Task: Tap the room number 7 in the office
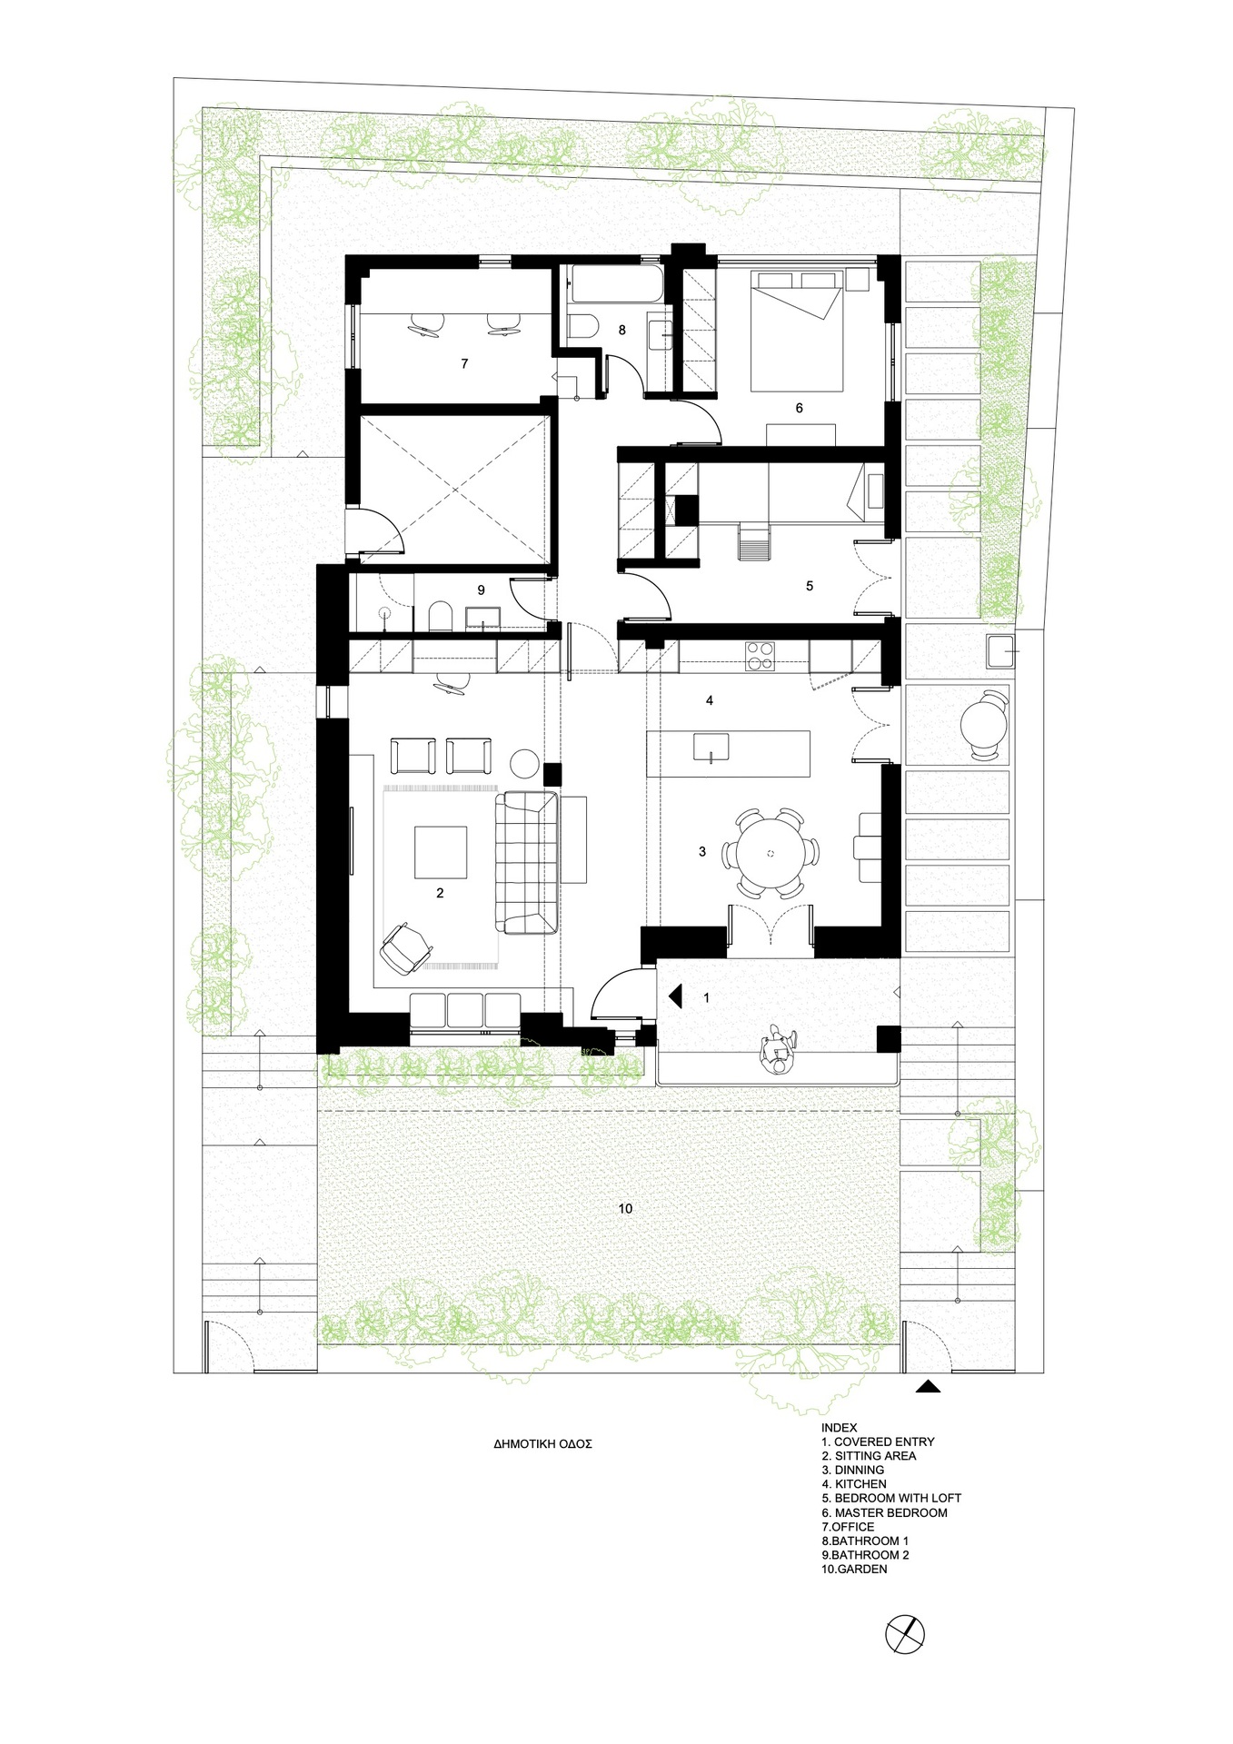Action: pyautogui.click(x=464, y=364)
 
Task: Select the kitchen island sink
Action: pyautogui.click(x=711, y=748)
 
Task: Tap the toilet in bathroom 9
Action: pyautogui.click(x=440, y=615)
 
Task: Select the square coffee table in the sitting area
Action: pyautogui.click(x=441, y=852)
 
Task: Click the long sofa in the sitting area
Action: pyautogui.click(x=526, y=862)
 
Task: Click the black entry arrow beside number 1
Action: pyautogui.click(x=675, y=996)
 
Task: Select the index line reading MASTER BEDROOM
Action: pyautogui.click(x=884, y=1512)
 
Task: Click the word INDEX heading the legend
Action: pyautogui.click(x=839, y=1427)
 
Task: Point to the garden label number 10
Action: pyautogui.click(x=625, y=1209)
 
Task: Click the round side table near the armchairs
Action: pyautogui.click(x=524, y=762)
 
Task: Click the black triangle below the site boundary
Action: pyautogui.click(x=928, y=1387)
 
